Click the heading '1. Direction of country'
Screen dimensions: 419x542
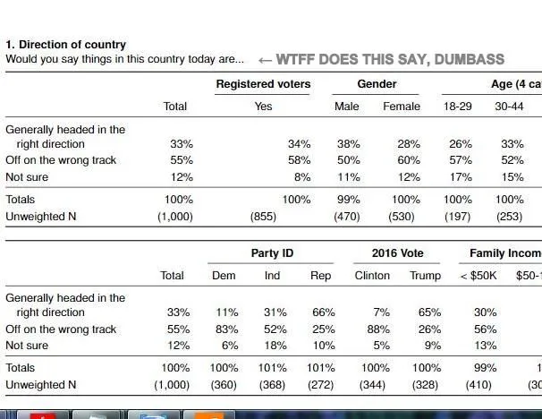[x=66, y=45]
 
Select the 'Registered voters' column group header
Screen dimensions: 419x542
[x=263, y=84]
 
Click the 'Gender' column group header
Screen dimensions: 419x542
[x=377, y=84]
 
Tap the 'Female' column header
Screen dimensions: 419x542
[x=402, y=107]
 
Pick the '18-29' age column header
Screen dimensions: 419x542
[x=458, y=107]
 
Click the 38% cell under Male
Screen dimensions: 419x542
[x=347, y=144]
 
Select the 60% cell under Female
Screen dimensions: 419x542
[x=408, y=160]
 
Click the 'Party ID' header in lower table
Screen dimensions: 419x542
[x=272, y=253]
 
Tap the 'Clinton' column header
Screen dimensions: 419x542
[x=372, y=276]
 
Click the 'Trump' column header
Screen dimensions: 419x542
[x=425, y=276]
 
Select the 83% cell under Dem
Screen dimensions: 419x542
[x=226, y=329]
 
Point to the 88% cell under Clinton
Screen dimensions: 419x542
[x=378, y=329]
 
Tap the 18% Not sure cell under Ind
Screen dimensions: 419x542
[x=275, y=346]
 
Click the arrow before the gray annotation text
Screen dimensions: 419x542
[x=265, y=60]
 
